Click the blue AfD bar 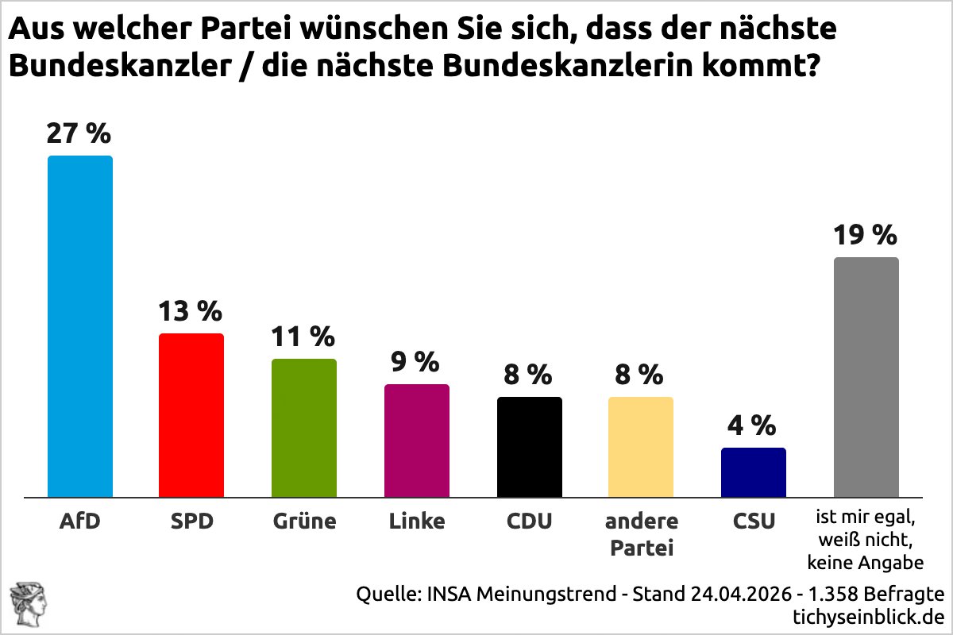[x=80, y=325]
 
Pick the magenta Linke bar [x=417, y=441]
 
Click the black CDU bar [x=530, y=447]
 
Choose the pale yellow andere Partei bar [x=641, y=447]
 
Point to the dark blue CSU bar [x=754, y=472]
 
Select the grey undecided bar [x=866, y=377]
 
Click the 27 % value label [x=79, y=134]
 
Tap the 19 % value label [x=865, y=236]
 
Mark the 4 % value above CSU [x=752, y=426]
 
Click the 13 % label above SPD [x=190, y=312]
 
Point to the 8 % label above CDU [x=528, y=374]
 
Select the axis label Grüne [x=304, y=522]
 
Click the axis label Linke [x=417, y=522]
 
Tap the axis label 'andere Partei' [x=641, y=534]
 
